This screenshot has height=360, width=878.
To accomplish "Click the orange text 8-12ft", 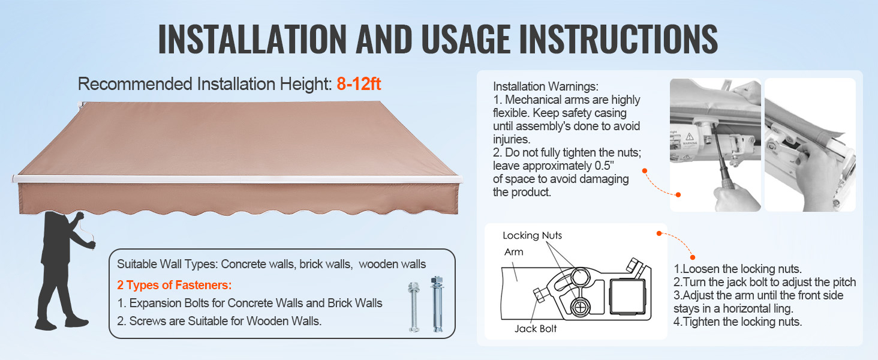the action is click(359, 84).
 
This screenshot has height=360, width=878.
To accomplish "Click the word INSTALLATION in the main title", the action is click(252, 39).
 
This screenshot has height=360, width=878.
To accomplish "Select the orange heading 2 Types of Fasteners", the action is click(175, 285).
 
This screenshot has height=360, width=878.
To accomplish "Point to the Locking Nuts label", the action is click(533, 235).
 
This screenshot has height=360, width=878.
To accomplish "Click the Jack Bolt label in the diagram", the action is click(536, 329).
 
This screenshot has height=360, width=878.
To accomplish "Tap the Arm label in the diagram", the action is click(513, 252).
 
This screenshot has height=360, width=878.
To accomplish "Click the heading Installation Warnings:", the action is click(546, 86).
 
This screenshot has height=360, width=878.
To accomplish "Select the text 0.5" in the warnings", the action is click(604, 166).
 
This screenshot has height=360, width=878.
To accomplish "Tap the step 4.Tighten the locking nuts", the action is click(738, 322).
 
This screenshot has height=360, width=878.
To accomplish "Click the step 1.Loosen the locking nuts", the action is click(738, 269).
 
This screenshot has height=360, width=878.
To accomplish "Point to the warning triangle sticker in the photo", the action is click(690, 136).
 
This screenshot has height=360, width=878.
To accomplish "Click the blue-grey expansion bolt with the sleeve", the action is click(437, 304).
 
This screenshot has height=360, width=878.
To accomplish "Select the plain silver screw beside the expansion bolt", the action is click(414, 307).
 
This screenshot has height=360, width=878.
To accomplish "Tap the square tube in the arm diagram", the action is click(627, 296).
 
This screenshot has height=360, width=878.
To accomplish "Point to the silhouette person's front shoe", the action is click(77, 322).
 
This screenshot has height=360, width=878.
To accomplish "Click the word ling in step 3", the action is click(783, 308).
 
